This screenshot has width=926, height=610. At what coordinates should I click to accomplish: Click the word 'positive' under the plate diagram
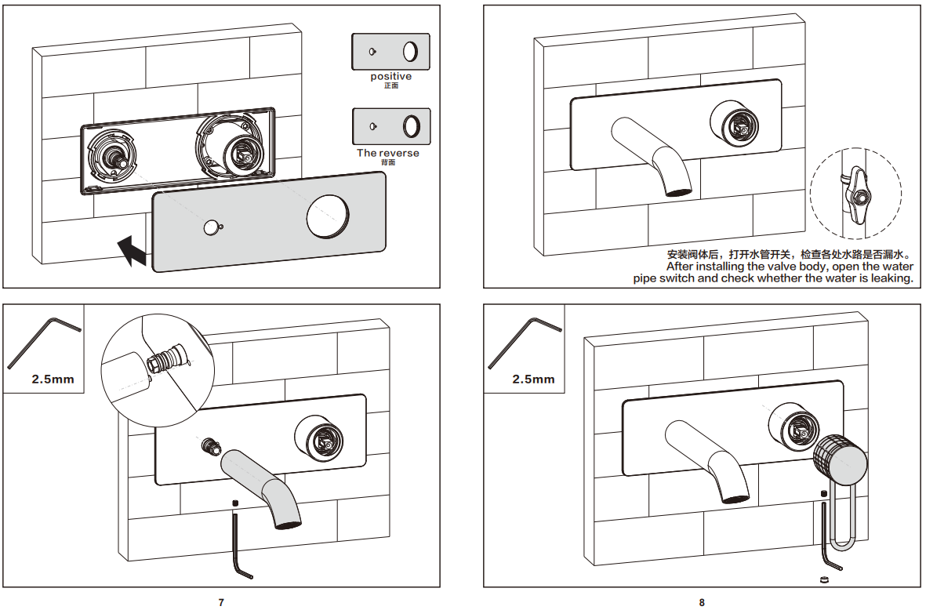pyautogui.click(x=390, y=77)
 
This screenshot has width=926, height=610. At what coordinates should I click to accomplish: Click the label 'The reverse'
pyautogui.click(x=388, y=153)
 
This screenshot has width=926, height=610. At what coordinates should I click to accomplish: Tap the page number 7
pyautogui.click(x=221, y=602)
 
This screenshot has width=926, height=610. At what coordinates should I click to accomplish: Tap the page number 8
pyautogui.click(x=702, y=602)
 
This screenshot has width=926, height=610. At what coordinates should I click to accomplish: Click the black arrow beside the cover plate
pyautogui.click(x=131, y=251)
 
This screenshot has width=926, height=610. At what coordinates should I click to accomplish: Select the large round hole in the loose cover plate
pyautogui.click(x=327, y=217)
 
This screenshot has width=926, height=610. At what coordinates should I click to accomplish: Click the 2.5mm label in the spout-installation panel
pyautogui.click(x=53, y=379)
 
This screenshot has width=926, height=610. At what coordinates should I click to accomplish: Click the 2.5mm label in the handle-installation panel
pyautogui.click(x=533, y=379)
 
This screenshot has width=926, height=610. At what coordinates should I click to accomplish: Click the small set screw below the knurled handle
pyautogui.click(x=824, y=493)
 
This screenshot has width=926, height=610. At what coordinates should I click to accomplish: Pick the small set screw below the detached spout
pyautogui.click(x=234, y=502)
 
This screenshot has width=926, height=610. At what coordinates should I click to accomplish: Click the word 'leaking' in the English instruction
pyautogui.click(x=892, y=278)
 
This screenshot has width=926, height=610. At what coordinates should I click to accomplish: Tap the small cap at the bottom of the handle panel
pyautogui.click(x=824, y=579)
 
